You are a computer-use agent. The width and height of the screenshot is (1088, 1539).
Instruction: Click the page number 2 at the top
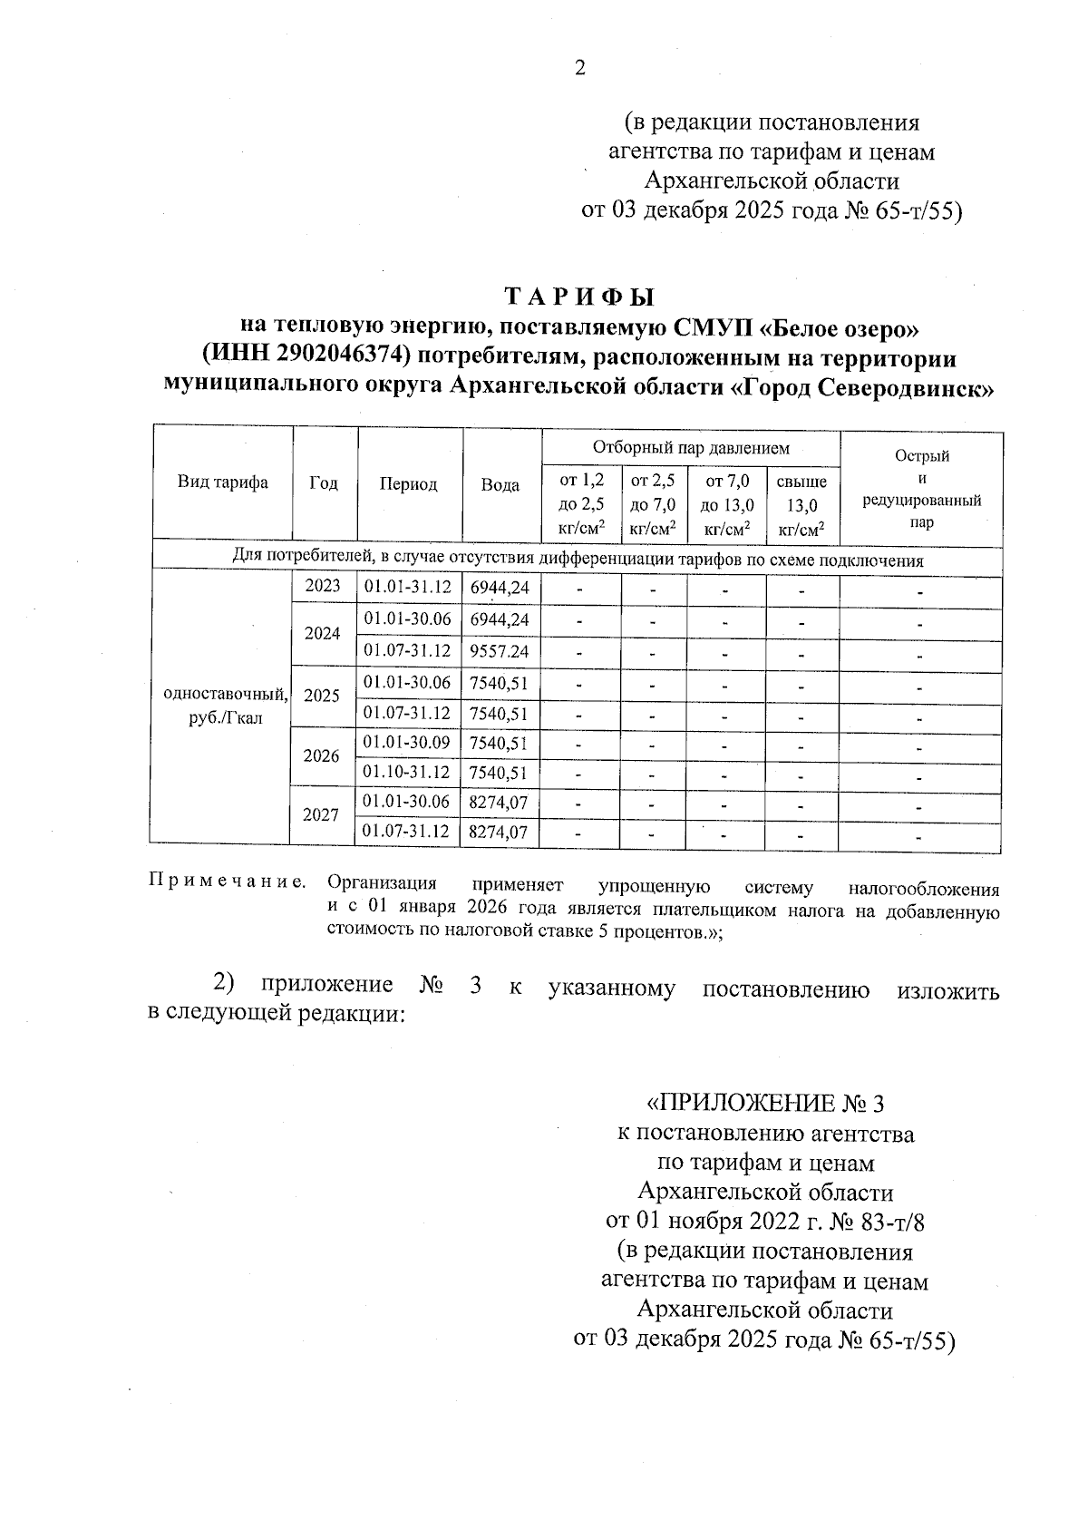[579, 68]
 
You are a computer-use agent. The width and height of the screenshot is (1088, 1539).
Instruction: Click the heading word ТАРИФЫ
[578, 297]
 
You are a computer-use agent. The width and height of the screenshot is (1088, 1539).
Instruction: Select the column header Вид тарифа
[222, 482]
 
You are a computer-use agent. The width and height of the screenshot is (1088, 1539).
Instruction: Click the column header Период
[408, 484]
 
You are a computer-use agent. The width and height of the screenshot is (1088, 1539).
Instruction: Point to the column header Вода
[500, 485]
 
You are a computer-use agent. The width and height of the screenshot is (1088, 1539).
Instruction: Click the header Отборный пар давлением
[691, 447]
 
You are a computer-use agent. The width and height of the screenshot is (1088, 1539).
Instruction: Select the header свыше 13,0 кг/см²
[802, 505]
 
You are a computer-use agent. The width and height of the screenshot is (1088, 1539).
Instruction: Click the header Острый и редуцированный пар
[921, 490]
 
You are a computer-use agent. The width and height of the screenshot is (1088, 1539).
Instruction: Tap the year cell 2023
[323, 586]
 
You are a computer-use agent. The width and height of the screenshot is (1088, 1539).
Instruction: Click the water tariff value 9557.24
[499, 651]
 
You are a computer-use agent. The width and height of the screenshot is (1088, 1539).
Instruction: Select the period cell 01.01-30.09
[407, 744]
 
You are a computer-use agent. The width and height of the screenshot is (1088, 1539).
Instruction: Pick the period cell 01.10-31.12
[407, 773]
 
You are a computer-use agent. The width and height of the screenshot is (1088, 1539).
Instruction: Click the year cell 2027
[321, 815]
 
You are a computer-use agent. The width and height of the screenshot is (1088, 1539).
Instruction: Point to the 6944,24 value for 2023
[499, 588]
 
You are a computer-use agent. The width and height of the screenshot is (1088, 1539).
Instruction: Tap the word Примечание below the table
[227, 882]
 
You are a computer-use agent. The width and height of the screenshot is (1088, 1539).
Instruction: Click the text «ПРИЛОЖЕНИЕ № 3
[763, 1104]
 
